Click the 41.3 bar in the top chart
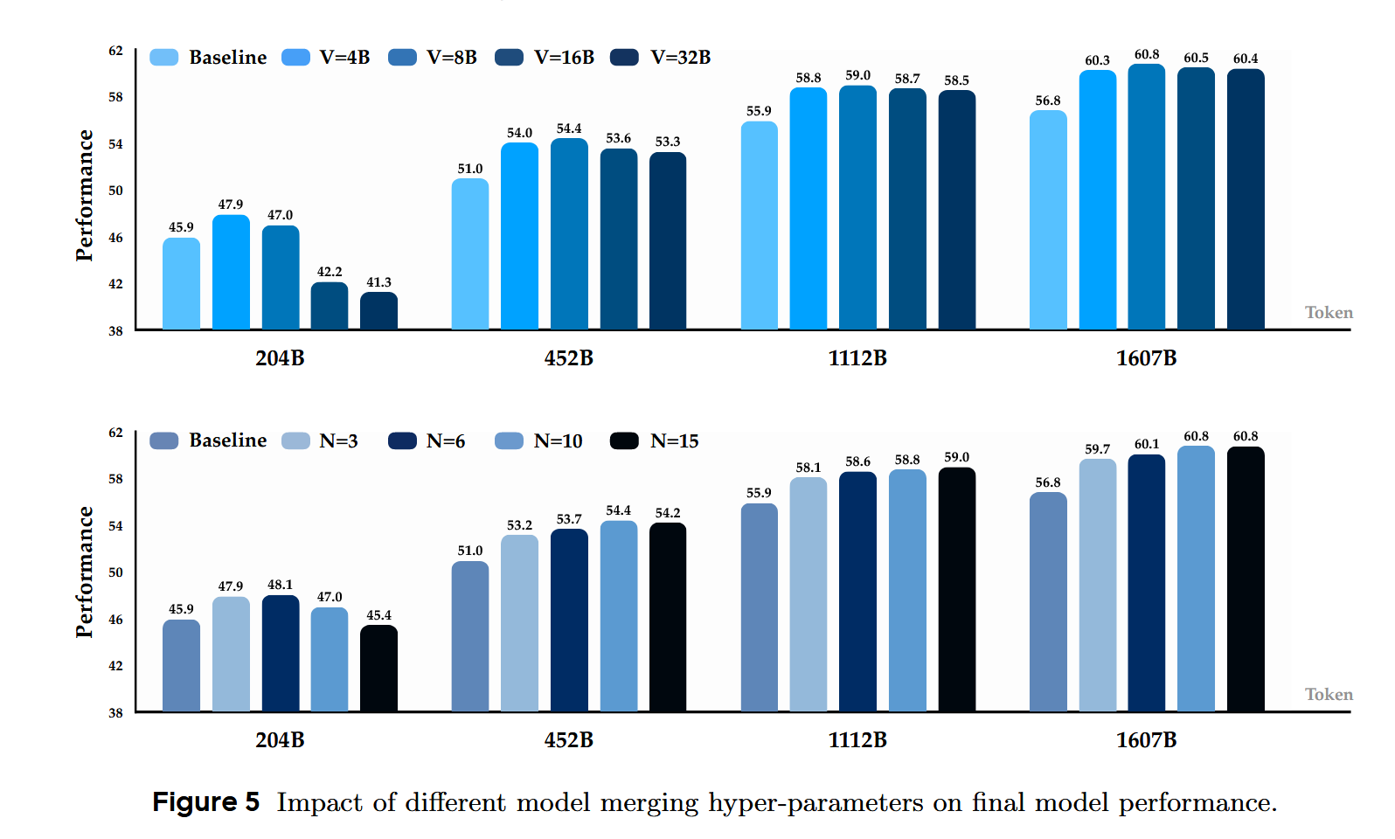(378, 311)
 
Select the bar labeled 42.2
(330, 306)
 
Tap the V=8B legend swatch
(402, 58)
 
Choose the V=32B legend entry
(661, 58)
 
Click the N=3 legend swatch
(295, 441)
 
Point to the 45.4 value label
(378, 615)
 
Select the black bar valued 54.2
(668, 617)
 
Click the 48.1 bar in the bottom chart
(281, 653)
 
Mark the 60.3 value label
(1097, 60)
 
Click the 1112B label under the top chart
(857, 358)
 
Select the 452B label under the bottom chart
(568, 740)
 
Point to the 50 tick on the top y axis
(115, 191)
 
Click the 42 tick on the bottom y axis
(115, 666)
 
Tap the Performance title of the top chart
(85, 195)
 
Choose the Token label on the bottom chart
(1329, 695)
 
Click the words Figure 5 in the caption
(206, 802)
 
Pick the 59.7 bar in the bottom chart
(1097, 585)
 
